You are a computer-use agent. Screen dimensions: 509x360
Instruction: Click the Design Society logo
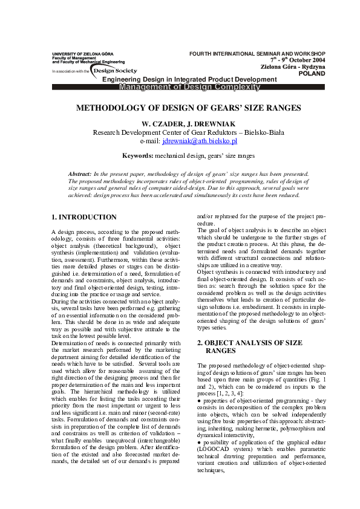(x=115, y=71)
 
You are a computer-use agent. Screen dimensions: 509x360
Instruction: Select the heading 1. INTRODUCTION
(x=83, y=216)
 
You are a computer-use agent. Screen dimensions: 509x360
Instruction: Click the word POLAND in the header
(x=312, y=74)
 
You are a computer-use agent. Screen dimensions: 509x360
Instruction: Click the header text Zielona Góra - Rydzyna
(x=293, y=67)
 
